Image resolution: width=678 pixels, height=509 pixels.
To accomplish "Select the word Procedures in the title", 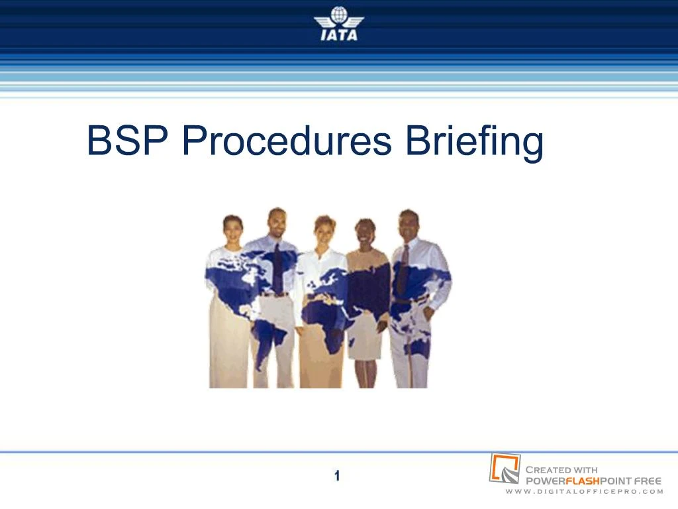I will [287, 141].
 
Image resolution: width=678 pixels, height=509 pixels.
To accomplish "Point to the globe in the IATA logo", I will [338, 14].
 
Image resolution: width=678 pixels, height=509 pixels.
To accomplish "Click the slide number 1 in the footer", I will [337, 475].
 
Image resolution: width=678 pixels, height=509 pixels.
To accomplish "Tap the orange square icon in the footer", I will [504, 468].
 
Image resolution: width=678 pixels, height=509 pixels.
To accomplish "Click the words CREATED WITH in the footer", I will [561, 470].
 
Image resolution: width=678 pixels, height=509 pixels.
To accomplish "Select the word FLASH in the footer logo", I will [583, 481].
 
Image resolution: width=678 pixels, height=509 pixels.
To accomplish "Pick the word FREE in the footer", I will [647, 481].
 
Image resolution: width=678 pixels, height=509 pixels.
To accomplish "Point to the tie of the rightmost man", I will [403, 268].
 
